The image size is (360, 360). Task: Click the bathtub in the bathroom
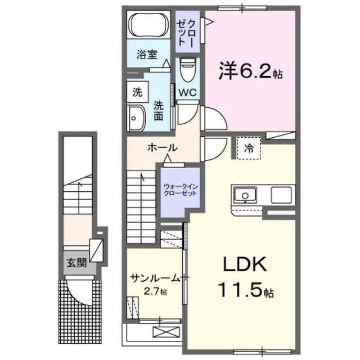(148, 25)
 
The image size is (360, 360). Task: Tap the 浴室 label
(147, 55)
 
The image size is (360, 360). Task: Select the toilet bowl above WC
(187, 70)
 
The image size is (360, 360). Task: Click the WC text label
(187, 92)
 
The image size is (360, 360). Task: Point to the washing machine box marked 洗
(137, 92)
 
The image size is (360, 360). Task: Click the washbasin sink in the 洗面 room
(136, 118)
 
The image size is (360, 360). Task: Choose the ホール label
(163, 148)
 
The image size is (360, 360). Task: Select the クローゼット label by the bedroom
(186, 33)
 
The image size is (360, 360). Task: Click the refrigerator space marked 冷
(249, 148)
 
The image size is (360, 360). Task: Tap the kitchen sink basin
(245, 195)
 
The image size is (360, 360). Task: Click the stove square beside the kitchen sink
(281, 195)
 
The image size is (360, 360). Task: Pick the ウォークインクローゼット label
(181, 190)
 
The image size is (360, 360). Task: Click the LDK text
(245, 265)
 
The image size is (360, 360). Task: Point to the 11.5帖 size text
(245, 290)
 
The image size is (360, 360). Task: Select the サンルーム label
(155, 278)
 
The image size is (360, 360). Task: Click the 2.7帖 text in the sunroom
(155, 292)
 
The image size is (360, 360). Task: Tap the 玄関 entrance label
(76, 263)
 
